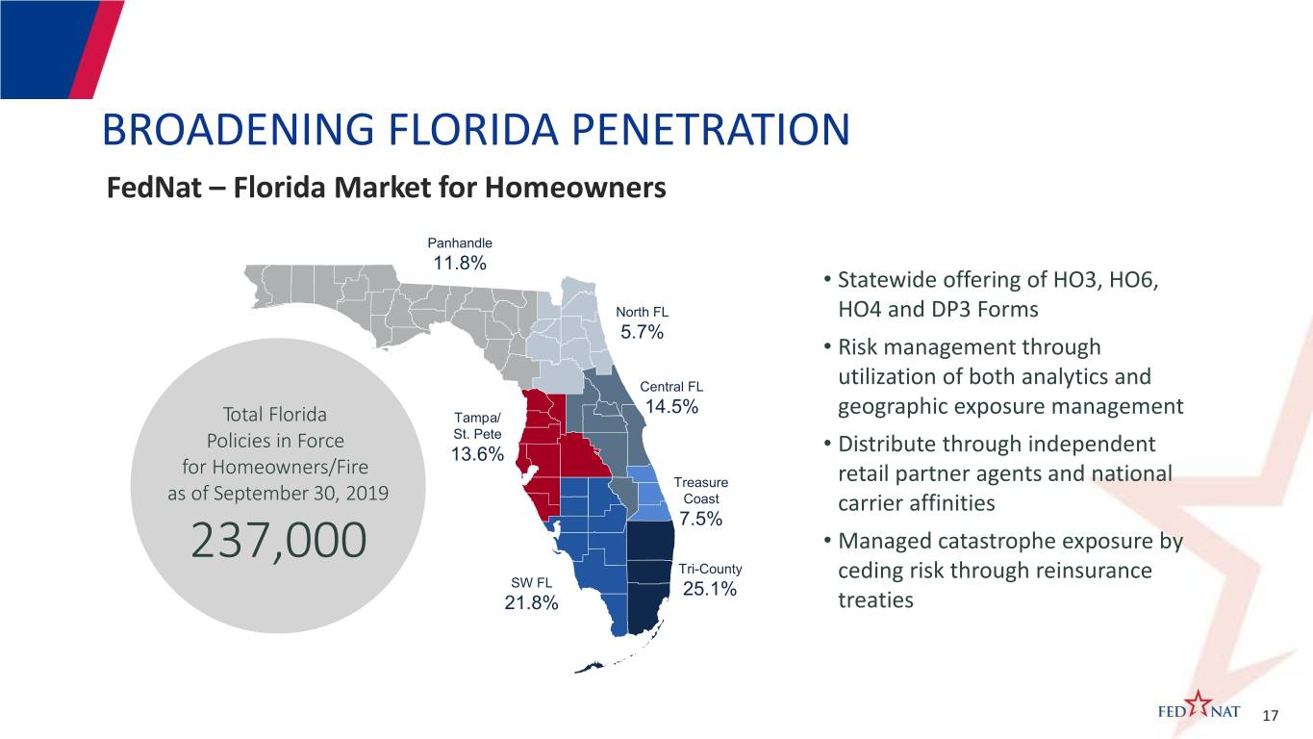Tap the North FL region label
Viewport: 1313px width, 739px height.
pos(642,313)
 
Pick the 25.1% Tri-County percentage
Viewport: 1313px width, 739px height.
pos(710,589)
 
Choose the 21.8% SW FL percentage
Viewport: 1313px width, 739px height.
pos(530,603)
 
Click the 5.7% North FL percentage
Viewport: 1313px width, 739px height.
pos(642,333)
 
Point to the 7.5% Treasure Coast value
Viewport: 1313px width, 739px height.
pos(700,520)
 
